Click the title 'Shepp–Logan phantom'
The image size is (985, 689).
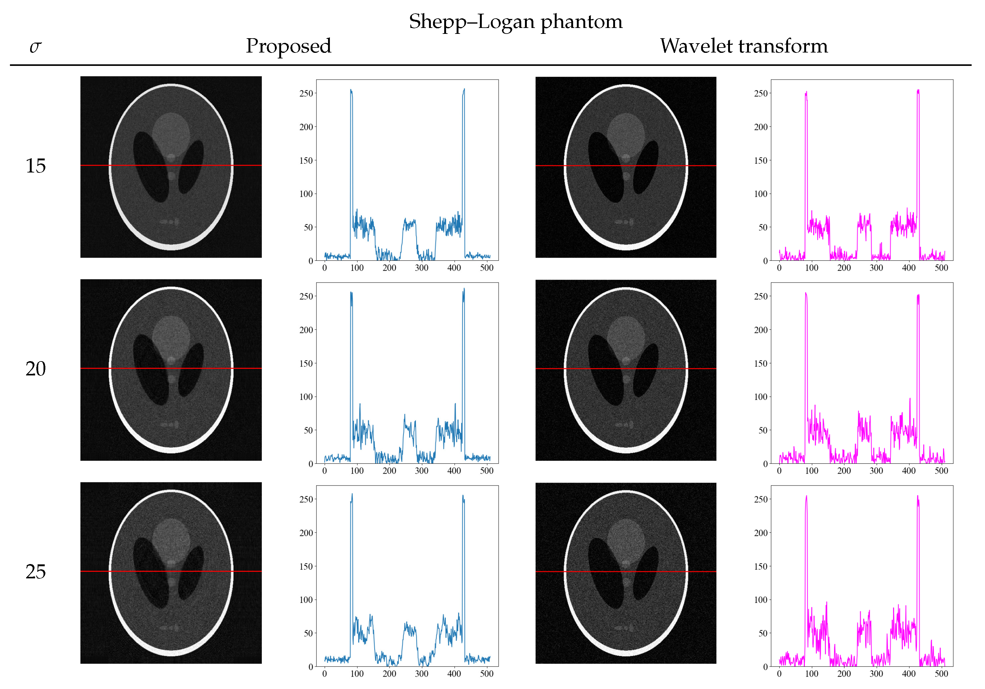515,21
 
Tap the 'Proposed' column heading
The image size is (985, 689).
288,46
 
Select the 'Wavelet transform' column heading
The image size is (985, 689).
743,46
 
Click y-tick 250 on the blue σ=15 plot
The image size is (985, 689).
306,94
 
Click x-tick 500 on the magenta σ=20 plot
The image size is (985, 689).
941,471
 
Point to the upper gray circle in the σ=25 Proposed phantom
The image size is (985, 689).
171,537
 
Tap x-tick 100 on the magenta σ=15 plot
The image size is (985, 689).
811,268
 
